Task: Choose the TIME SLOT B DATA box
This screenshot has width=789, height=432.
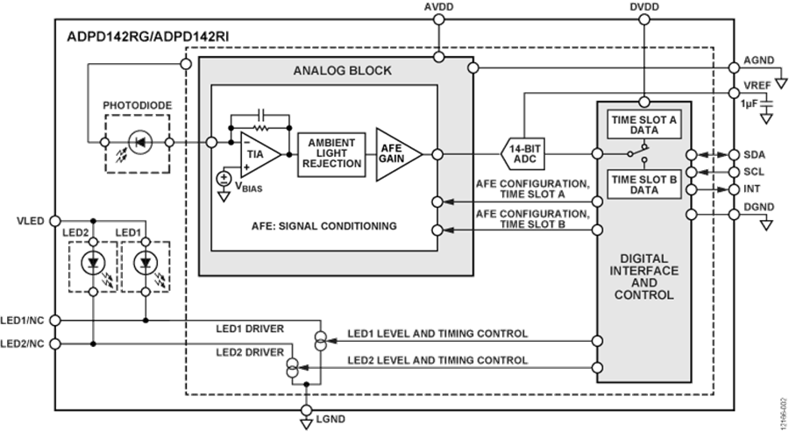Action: coord(643,182)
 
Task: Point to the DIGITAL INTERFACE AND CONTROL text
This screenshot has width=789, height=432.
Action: coord(643,277)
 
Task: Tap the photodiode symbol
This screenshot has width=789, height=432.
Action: coord(135,139)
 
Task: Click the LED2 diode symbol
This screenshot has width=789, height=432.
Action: coord(94,263)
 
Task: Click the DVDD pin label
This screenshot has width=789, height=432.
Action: coord(644,6)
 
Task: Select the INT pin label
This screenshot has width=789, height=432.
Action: coord(751,188)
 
